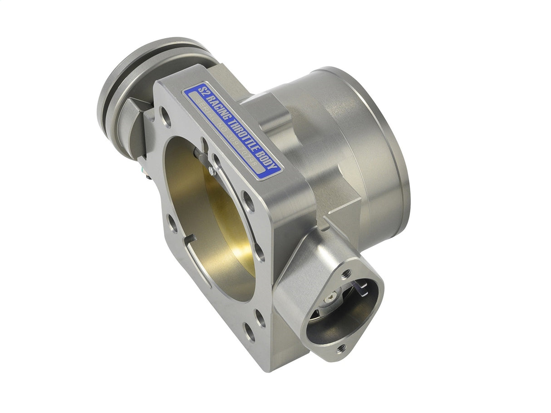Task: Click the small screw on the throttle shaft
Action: pyautogui.click(x=211, y=170)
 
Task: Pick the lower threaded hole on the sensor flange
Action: pyautogui.click(x=342, y=348)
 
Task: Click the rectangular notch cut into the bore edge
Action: pyautogui.click(x=189, y=239)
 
